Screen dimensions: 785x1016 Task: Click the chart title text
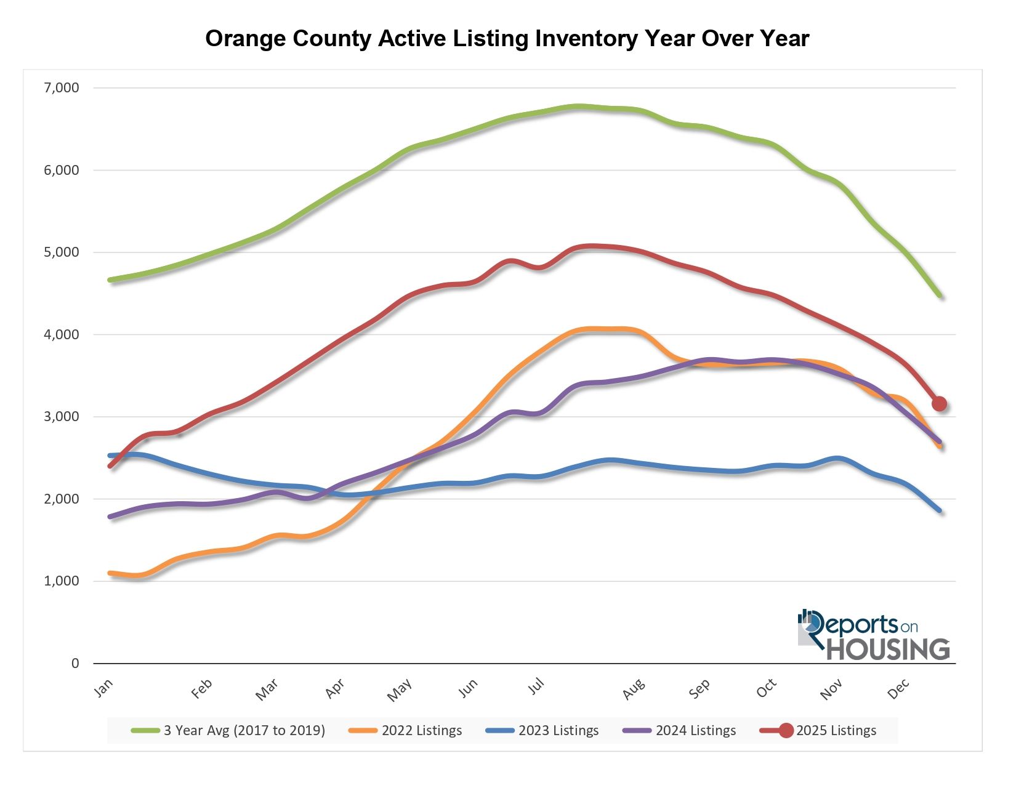[x=507, y=38]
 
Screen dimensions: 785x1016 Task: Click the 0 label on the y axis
[x=75, y=663]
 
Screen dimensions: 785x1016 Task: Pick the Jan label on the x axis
[x=104, y=688]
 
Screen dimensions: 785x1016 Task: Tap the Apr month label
[x=335, y=689]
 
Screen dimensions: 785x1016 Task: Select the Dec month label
[x=898, y=689]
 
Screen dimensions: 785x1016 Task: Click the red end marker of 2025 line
[x=939, y=404]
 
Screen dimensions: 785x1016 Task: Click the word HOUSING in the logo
[x=887, y=649]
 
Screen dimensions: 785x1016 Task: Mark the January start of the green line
[x=110, y=280]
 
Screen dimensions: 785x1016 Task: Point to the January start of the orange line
[x=110, y=573]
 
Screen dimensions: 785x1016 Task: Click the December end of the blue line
[x=940, y=510]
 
